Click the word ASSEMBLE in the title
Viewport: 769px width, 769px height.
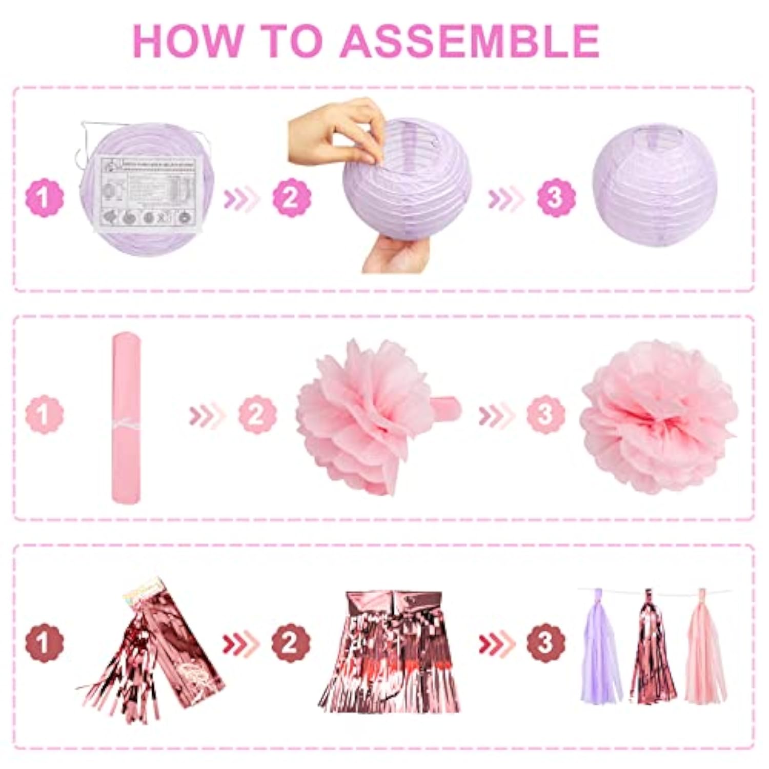pos(470,41)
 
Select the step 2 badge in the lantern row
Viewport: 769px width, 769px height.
pos(292,197)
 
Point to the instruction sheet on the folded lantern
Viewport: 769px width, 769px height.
pos(146,192)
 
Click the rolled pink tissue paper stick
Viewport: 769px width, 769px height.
pos(126,418)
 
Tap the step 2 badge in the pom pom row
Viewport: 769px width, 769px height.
pos(257,415)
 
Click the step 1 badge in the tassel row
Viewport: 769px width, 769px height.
pos(45,643)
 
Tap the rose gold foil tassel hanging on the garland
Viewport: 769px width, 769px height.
pos(652,651)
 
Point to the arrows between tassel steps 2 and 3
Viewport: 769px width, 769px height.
pos(496,643)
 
